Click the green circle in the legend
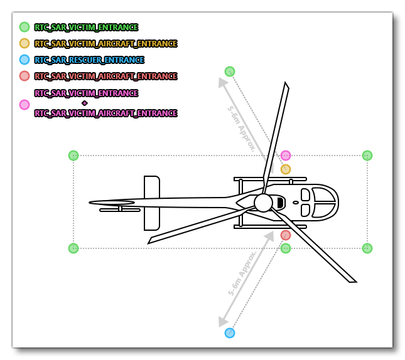pos(24,27)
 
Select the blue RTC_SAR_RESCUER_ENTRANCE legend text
pos(89,60)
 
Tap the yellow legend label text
pos(105,44)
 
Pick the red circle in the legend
pos(24,76)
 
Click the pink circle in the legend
pos(24,105)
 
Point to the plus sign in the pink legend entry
pos(84,103)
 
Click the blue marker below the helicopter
pos(230,333)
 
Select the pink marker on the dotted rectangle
pos(286,156)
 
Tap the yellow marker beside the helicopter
pos(286,169)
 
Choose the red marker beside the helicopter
pos(286,235)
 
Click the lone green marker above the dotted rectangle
pos(230,71)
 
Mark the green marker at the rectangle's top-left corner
pos(73,156)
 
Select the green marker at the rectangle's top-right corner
pos(367,156)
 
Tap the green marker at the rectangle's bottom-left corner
pos(73,248)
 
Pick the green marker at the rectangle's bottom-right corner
pos(367,248)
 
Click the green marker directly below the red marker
pos(286,248)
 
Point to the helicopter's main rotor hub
pos(263,203)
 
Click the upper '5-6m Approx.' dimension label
pos(241,128)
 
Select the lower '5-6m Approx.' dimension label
pos(242,273)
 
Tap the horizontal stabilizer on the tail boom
pos(152,203)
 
